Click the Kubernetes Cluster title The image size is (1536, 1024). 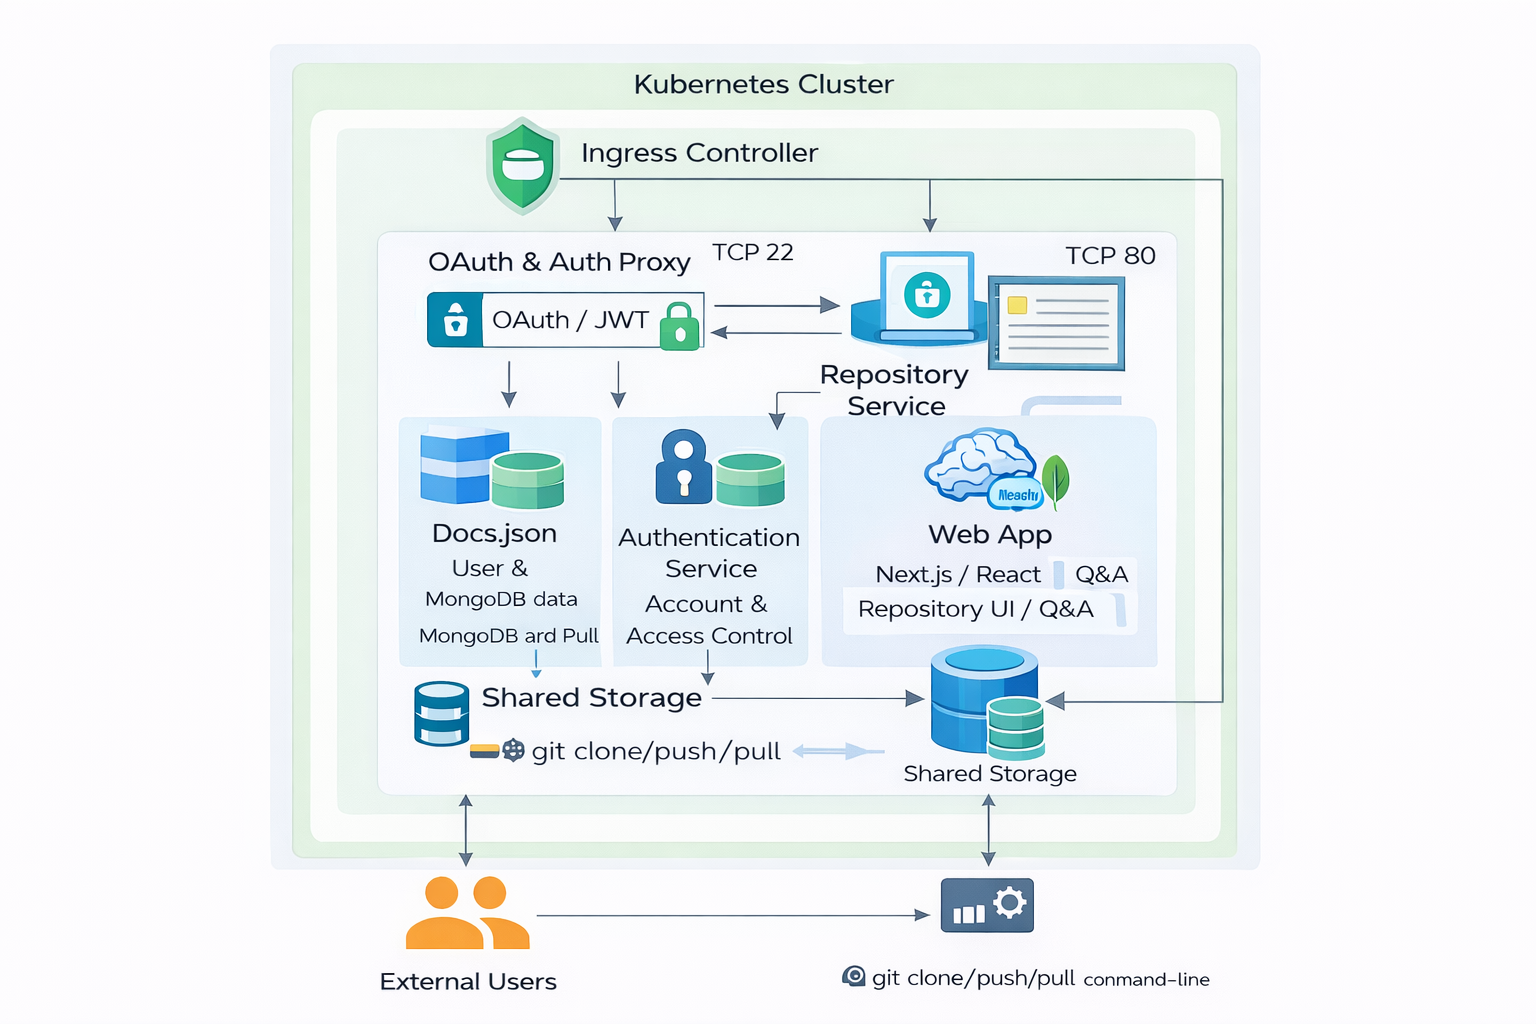click(x=763, y=84)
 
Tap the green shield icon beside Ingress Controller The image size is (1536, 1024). click(x=522, y=166)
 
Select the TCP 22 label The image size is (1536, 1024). click(x=752, y=252)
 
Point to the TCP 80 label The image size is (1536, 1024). click(x=1110, y=256)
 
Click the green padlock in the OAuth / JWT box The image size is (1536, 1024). click(x=680, y=326)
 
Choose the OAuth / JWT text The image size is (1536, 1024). click(x=570, y=320)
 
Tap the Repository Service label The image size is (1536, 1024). click(x=895, y=390)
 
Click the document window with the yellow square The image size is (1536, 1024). click(x=1057, y=323)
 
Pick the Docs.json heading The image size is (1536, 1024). click(x=494, y=533)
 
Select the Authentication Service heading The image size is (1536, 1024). click(x=710, y=553)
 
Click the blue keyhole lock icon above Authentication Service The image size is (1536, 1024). click(x=683, y=467)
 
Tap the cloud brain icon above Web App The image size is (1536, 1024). click(x=980, y=464)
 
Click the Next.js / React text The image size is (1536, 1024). click(x=958, y=575)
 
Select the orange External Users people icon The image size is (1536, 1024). click(x=467, y=913)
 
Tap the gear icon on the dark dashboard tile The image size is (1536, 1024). click(x=1009, y=903)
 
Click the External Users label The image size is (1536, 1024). click(x=468, y=982)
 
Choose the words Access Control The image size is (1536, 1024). click(x=709, y=636)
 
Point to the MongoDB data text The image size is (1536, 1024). click(x=501, y=599)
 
